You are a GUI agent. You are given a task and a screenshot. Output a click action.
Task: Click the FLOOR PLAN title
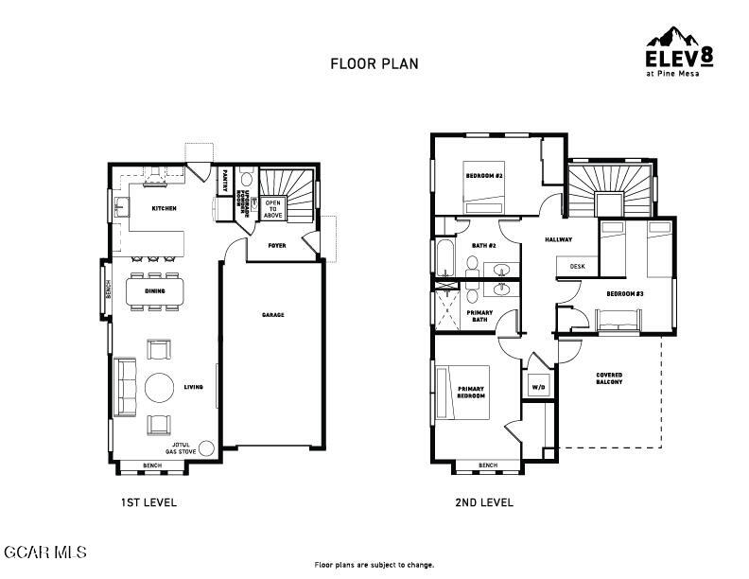[374, 64]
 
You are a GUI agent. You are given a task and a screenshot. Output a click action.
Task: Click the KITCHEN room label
[165, 208]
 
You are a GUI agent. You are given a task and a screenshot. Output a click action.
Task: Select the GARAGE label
[272, 315]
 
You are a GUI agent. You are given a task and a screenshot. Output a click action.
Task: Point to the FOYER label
[276, 245]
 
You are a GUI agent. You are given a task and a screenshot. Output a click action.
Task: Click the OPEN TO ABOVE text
[273, 208]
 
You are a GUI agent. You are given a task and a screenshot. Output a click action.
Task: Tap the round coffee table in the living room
[159, 386]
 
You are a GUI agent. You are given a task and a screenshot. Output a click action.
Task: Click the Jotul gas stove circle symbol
[206, 448]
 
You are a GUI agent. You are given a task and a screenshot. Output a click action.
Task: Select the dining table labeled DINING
[156, 291]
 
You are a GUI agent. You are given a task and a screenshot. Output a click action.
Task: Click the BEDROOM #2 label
[483, 176]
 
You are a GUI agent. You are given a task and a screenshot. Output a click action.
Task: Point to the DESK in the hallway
[577, 267]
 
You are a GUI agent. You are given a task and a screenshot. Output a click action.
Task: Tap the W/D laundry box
[538, 387]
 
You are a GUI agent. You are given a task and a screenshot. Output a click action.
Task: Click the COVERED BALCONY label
[609, 379]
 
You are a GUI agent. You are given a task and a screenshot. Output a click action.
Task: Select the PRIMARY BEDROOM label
[471, 392]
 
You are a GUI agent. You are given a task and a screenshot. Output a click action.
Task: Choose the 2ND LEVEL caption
[485, 502]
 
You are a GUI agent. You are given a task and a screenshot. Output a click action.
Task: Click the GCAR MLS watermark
[45, 551]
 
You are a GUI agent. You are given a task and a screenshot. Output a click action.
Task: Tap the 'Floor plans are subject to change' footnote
[374, 564]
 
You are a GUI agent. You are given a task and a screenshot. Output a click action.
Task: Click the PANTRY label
[225, 181]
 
